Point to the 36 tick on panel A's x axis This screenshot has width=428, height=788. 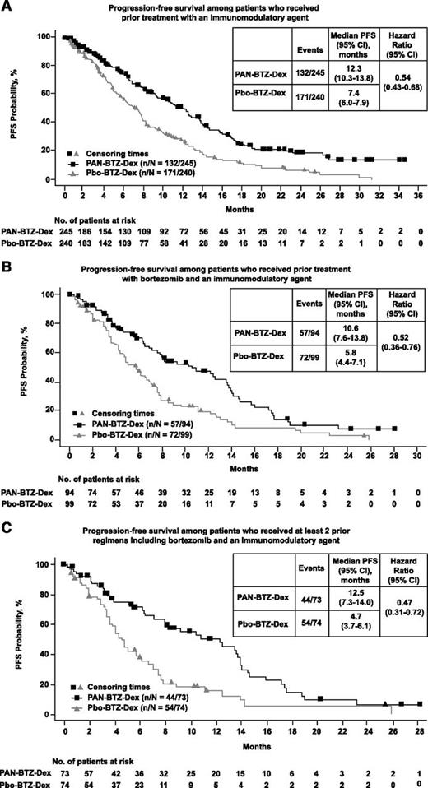pos(417,198)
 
